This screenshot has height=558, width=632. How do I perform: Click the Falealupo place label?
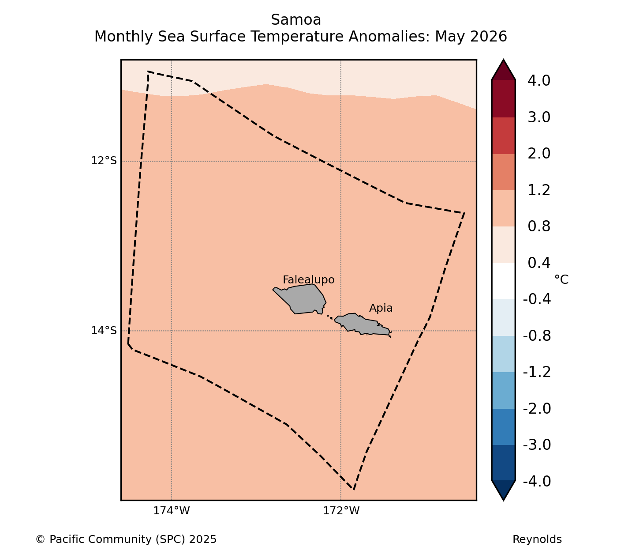click(308, 280)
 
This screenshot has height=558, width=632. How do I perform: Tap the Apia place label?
click(381, 308)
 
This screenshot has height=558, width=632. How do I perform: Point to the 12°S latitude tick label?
click(104, 161)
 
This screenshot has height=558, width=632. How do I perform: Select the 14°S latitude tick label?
click(104, 330)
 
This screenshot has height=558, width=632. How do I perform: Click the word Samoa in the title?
click(296, 20)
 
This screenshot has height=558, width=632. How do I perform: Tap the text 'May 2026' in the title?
click(471, 37)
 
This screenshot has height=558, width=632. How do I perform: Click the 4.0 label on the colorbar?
click(539, 80)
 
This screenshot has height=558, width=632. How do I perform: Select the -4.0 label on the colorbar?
click(537, 481)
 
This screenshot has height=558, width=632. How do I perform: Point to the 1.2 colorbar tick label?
click(539, 190)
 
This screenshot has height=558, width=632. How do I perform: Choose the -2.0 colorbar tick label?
click(537, 408)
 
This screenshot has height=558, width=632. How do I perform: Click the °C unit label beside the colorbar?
click(561, 279)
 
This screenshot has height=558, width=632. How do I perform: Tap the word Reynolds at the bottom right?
click(537, 539)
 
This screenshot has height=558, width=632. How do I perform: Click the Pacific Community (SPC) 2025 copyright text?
click(126, 539)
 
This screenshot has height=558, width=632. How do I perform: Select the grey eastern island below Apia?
click(362, 324)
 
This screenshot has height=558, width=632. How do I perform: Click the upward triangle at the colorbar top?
click(503, 70)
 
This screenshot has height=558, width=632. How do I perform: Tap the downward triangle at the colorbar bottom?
click(503, 490)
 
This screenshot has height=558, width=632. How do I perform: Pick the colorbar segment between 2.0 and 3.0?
click(503, 136)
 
